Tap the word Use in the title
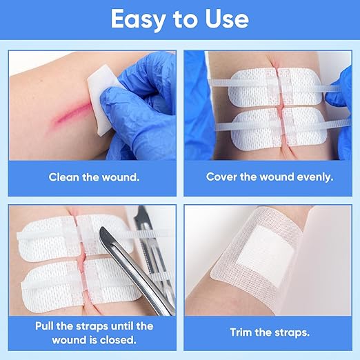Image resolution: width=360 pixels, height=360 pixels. pos(227,19)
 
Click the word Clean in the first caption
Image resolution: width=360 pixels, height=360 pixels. pos(63,177)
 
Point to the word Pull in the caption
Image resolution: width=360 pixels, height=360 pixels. pos(44,326)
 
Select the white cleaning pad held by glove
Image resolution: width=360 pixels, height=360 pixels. pos(102,99)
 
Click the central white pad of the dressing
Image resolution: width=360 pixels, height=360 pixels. pos(266,254)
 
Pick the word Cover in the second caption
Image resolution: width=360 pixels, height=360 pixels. pos(221,177)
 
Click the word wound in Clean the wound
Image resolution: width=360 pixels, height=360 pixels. pos(121,177)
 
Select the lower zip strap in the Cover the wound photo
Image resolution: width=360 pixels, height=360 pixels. pos(283,126)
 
